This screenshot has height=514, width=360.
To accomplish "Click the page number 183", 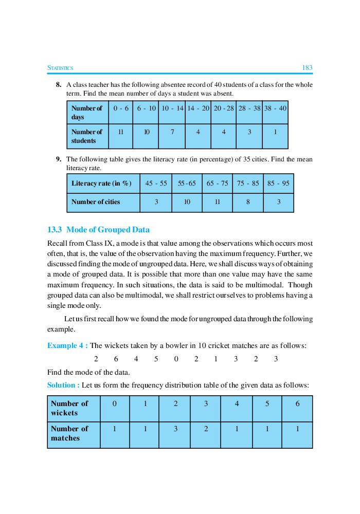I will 307,68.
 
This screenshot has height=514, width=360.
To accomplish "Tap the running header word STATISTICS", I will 60,68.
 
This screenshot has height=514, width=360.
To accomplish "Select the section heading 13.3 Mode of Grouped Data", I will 98,230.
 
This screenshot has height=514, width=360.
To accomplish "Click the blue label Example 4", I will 66,345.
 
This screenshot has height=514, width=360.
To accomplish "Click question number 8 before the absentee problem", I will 59,84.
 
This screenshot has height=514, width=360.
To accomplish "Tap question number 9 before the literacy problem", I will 59,159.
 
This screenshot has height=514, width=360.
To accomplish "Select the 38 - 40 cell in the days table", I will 275,108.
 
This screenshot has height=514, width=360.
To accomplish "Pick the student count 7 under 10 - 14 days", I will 172,132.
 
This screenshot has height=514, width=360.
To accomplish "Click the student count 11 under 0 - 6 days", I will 121,132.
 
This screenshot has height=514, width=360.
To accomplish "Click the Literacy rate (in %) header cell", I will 101,183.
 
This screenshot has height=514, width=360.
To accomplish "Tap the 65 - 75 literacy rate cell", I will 217,183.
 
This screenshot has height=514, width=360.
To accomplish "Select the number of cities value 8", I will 248,202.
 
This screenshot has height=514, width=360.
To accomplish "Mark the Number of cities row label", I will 96,202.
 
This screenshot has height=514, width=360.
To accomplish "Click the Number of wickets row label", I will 69,408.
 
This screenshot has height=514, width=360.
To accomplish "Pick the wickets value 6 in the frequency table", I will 297,404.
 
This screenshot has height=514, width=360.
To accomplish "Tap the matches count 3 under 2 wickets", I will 175,429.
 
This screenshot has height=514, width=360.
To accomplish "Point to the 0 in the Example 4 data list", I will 176,359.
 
